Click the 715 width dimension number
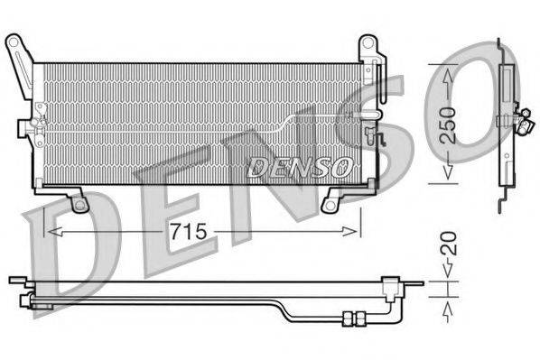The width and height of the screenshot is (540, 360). tap(191, 232)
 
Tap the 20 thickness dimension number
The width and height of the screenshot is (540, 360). tap(449, 242)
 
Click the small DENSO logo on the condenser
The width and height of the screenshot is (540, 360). tap(299, 165)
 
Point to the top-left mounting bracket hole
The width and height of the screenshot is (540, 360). tap(13, 42)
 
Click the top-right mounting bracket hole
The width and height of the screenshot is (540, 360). tap(367, 42)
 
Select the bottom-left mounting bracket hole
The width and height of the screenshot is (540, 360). tap(79, 205)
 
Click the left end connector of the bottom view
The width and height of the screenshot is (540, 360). tap(16, 281)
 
